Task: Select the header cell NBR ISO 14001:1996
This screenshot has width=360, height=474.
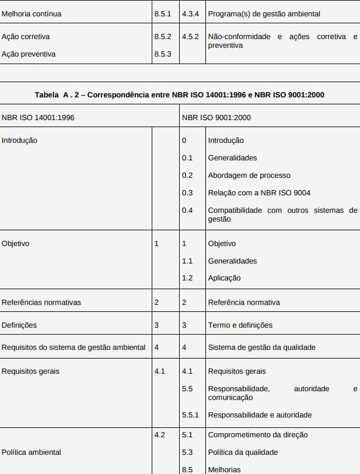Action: coord(38,117)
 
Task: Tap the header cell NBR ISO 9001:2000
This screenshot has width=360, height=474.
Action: coord(216,117)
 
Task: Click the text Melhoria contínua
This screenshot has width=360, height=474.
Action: coord(32,13)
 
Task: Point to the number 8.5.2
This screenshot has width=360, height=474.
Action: coord(163,37)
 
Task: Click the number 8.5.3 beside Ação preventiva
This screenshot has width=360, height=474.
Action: coord(163,54)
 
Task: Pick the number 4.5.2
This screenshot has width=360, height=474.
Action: coord(190,37)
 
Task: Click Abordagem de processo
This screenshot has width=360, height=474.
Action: coord(249,175)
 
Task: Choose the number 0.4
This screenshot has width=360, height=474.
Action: coord(187,210)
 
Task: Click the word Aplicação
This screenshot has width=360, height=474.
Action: coord(224,278)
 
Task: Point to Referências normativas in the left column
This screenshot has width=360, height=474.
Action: coord(41,303)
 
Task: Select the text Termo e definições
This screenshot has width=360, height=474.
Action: coord(240,325)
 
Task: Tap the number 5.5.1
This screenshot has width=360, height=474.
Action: coord(190,415)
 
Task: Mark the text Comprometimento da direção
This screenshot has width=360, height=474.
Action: coord(258,435)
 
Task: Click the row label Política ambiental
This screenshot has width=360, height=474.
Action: coord(32,452)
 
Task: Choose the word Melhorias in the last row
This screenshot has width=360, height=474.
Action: coord(224,469)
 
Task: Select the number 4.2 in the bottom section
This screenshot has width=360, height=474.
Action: coord(159,435)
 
